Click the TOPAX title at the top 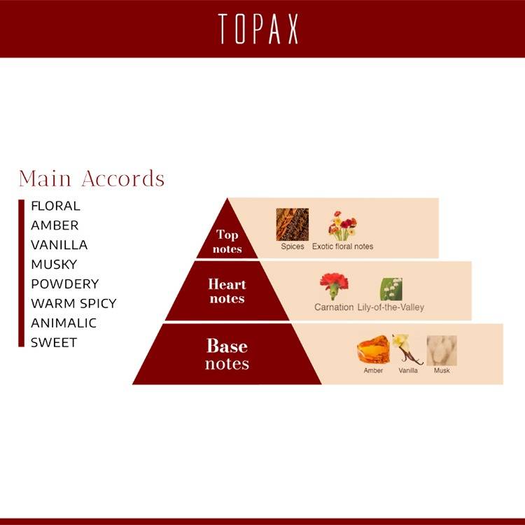[x=258, y=29]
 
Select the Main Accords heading [x=92, y=178]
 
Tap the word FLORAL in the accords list [x=55, y=206]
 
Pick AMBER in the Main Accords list [x=55, y=225]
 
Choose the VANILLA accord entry [x=59, y=245]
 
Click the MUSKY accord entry [x=54, y=265]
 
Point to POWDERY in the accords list [x=65, y=284]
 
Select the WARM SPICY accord [x=73, y=303]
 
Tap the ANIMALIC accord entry [x=64, y=323]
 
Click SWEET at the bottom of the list [x=54, y=342]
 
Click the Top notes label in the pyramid [x=227, y=241]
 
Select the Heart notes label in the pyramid [x=227, y=291]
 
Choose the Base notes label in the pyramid [x=227, y=354]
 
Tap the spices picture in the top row [x=293, y=224]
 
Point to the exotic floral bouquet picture [x=342, y=225]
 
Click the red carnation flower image [x=334, y=286]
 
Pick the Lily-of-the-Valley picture [x=391, y=289]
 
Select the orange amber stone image [x=373, y=349]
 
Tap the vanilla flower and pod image [x=407, y=349]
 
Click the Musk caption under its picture [x=442, y=370]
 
